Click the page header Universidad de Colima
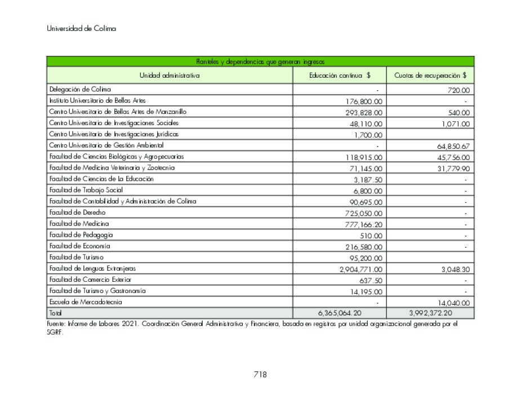tap(81, 29)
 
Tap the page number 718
tap(260, 374)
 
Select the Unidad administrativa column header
tap(170, 75)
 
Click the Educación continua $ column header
tap(339, 75)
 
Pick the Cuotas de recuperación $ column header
tap(430, 75)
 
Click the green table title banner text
tap(260, 61)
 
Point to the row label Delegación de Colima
tap(80, 89)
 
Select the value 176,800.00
tap(363, 101)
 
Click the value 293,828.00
tap(363, 113)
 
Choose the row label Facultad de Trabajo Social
tap(86, 190)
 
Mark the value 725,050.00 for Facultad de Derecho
tap(363, 213)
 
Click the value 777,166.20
tap(363, 224)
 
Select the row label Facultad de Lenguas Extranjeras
tap(92, 268)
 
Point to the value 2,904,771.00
tap(360, 269)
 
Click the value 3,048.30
tap(455, 269)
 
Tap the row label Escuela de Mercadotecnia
tap(85, 302)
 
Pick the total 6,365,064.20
tap(339, 313)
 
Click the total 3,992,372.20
tap(430, 313)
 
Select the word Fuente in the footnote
tap(55, 324)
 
